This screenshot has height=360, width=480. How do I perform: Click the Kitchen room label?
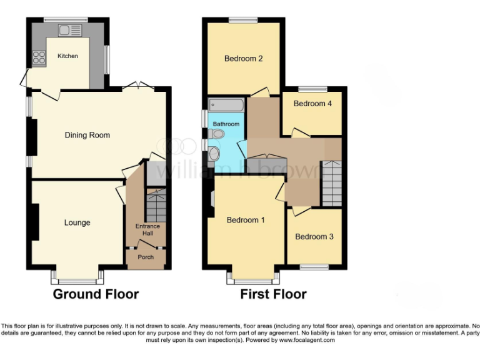(67, 56)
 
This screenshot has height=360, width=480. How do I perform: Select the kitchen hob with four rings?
(38, 57)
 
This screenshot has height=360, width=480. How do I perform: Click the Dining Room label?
(87, 135)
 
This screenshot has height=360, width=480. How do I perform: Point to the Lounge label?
(77, 222)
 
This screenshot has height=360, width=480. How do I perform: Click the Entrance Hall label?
(147, 230)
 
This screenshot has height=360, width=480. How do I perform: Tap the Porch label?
(146, 257)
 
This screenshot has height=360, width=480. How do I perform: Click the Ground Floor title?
(96, 294)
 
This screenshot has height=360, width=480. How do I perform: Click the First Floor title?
(273, 294)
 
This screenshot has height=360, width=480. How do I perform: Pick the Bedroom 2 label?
(243, 59)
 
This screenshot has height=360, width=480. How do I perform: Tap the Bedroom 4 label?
(312, 104)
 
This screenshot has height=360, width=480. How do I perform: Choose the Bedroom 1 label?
(246, 220)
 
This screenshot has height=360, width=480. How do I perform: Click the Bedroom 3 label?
(314, 237)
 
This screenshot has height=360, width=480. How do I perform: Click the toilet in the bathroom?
(217, 133)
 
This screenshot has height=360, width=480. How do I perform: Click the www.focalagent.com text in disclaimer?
(307, 341)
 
